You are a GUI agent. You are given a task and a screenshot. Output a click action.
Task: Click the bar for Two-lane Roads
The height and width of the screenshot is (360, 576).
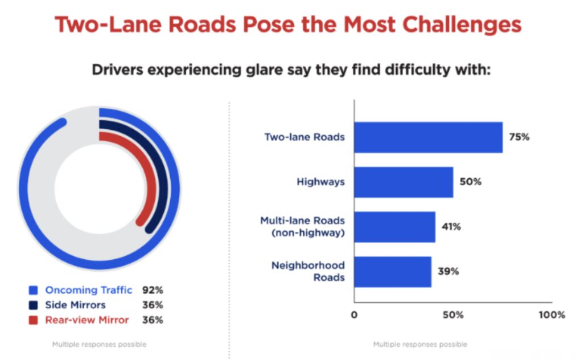(427, 137)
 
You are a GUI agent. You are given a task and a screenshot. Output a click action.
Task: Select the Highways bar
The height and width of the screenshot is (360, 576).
(403, 182)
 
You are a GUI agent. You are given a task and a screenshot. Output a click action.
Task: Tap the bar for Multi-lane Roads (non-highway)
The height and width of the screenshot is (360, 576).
(394, 227)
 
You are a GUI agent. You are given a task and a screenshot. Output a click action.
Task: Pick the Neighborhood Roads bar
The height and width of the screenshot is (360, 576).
(392, 272)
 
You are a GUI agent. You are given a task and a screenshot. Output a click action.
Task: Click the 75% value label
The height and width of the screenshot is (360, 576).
(519, 137)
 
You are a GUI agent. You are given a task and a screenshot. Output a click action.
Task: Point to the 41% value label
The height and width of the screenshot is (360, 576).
(451, 227)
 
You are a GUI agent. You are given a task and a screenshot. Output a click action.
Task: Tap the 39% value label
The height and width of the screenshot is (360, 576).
(448, 272)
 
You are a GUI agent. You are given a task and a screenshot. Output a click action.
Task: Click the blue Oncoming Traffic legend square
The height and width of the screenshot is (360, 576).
(34, 290)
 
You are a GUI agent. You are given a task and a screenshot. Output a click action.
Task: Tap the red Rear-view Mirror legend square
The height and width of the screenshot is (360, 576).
(34, 320)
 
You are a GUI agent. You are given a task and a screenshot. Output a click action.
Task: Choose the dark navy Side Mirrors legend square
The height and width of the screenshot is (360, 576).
(34, 305)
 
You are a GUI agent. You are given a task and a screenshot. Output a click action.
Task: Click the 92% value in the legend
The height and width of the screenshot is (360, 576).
(152, 290)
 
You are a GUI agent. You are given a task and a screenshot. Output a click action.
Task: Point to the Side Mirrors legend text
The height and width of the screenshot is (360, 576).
(75, 305)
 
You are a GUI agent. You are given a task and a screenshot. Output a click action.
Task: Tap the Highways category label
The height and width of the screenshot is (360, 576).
(320, 182)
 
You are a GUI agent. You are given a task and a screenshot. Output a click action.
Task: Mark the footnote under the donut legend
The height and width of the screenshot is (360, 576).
(99, 345)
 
